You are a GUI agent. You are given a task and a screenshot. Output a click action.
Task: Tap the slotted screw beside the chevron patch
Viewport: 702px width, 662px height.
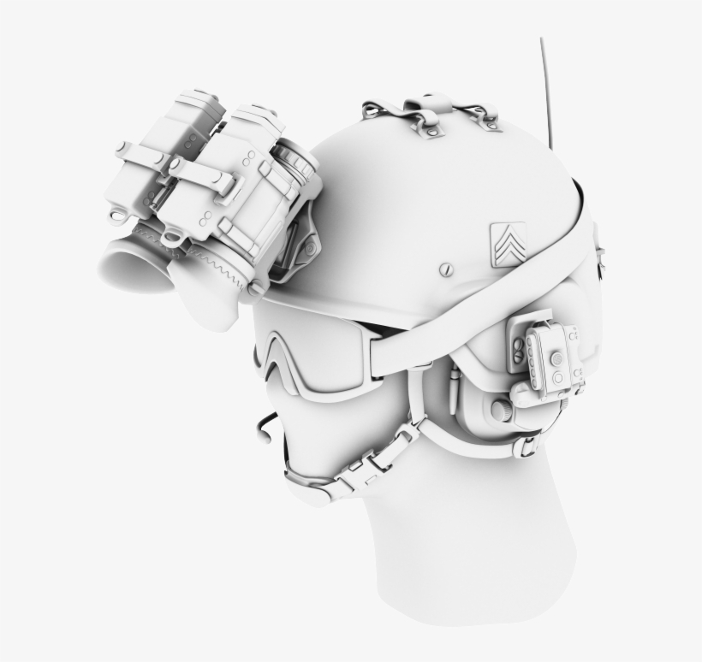coord(444,269)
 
